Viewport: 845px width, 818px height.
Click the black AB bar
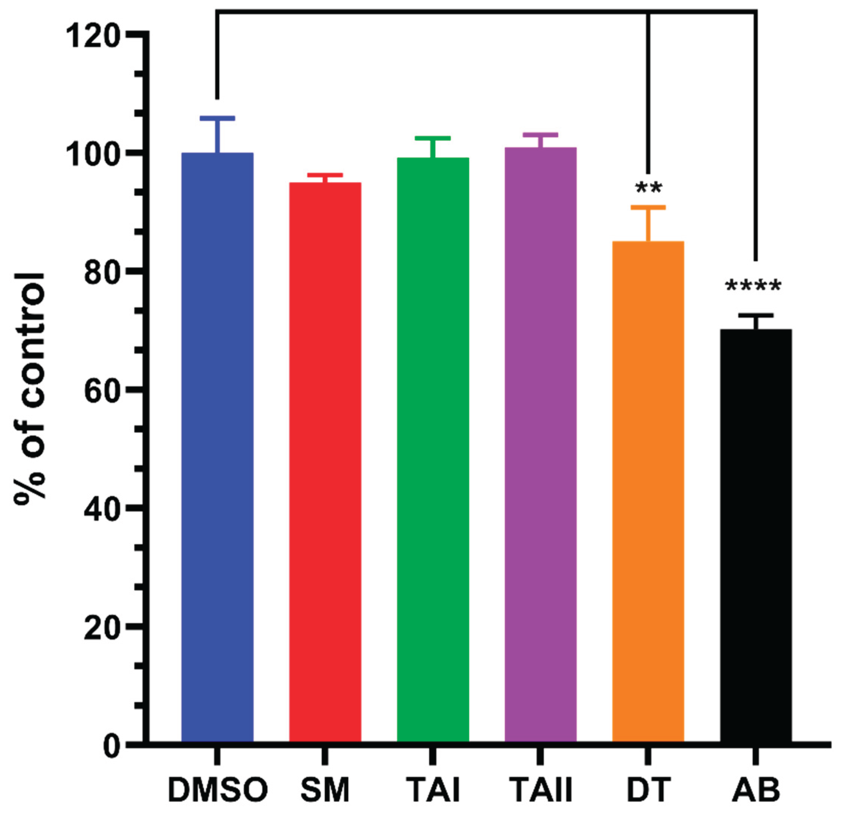click(756, 535)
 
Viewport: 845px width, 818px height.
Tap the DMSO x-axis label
click(218, 790)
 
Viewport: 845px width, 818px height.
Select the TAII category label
click(541, 790)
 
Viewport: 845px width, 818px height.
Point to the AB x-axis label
click(756, 790)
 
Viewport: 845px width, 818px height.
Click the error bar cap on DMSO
click(217, 118)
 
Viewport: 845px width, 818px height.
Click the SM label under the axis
click(325, 790)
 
